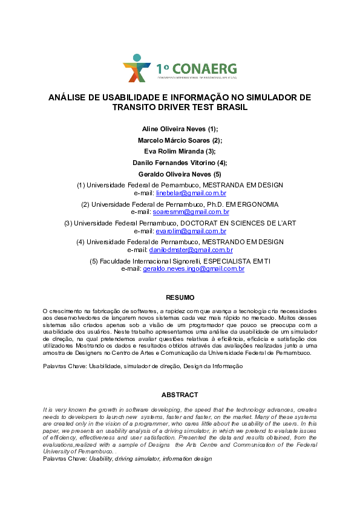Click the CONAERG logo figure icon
(x=136, y=68)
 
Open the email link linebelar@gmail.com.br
(x=191, y=193)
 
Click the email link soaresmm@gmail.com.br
(x=191, y=212)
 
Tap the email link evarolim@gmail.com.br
(x=191, y=231)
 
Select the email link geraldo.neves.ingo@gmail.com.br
(x=193, y=268)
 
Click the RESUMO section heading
(x=180, y=297)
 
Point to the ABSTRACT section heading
(x=180, y=395)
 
